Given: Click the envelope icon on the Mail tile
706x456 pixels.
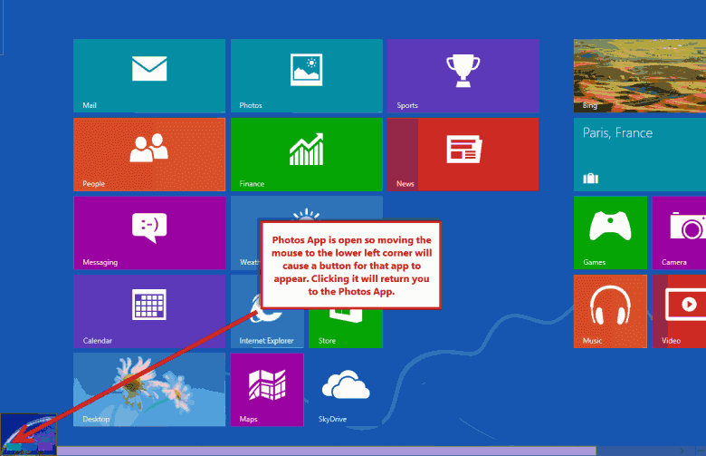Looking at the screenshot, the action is click(149, 69).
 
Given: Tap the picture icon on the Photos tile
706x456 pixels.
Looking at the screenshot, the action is click(306, 70).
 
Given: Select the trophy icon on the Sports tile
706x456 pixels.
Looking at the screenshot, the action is click(463, 71).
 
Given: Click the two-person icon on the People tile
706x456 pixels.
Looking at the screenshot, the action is click(149, 148).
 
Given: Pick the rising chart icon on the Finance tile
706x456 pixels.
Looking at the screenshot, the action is click(307, 149).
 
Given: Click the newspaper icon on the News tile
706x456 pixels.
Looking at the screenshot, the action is click(464, 149).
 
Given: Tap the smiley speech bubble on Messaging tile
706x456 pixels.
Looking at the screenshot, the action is click(149, 228).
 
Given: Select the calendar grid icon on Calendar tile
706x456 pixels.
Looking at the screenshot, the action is click(149, 305).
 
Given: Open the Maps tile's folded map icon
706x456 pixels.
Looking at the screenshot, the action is click(267, 384).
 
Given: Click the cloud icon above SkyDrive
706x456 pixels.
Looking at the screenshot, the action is click(346, 384).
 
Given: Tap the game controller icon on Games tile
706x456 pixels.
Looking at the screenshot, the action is click(610, 226).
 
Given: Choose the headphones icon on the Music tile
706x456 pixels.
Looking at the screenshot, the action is click(610, 306).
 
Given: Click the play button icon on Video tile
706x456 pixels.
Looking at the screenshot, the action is click(686, 306).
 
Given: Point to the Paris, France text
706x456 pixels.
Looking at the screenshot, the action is click(617, 132).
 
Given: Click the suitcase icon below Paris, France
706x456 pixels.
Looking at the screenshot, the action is click(591, 179).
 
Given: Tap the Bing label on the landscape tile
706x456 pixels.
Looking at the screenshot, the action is click(590, 105).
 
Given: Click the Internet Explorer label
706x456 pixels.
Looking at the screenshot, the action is click(266, 341).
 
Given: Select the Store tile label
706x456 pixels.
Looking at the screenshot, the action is click(327, 341).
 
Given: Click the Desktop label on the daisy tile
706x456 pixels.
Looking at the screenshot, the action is click(96, 419).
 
